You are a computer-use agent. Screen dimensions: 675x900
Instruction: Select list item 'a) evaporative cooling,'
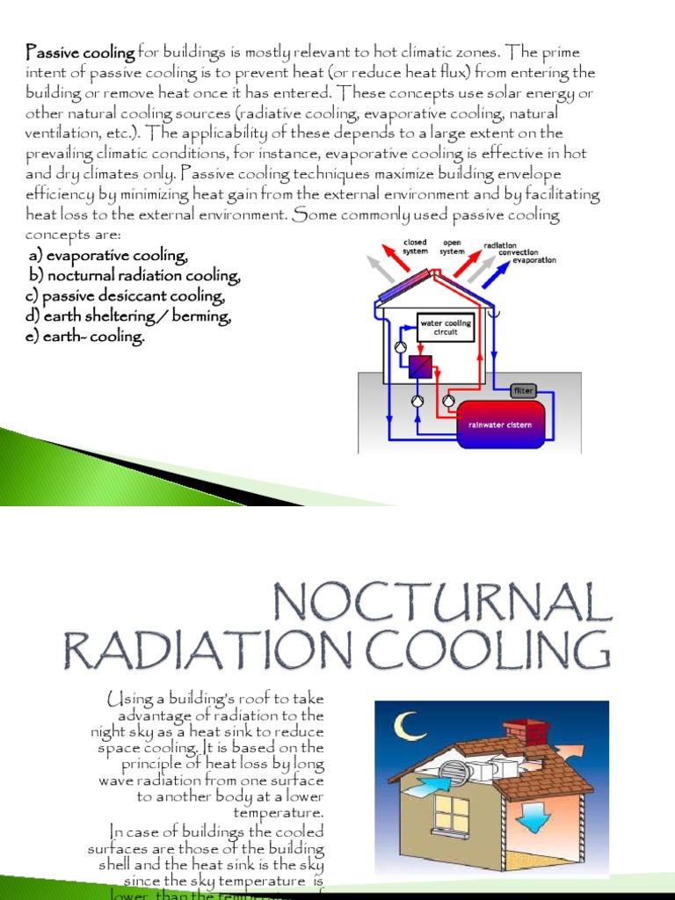tap(108, 256)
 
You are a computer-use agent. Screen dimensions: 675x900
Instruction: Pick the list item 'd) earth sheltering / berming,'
tap(128, 316)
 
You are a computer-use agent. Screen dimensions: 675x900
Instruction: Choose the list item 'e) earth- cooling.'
tap(85, 337)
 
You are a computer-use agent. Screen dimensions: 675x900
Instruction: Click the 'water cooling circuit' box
tap(446, 328)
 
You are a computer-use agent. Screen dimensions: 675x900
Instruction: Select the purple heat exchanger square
tap(421, 366)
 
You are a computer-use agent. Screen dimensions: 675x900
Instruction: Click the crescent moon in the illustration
tap(406, 726)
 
